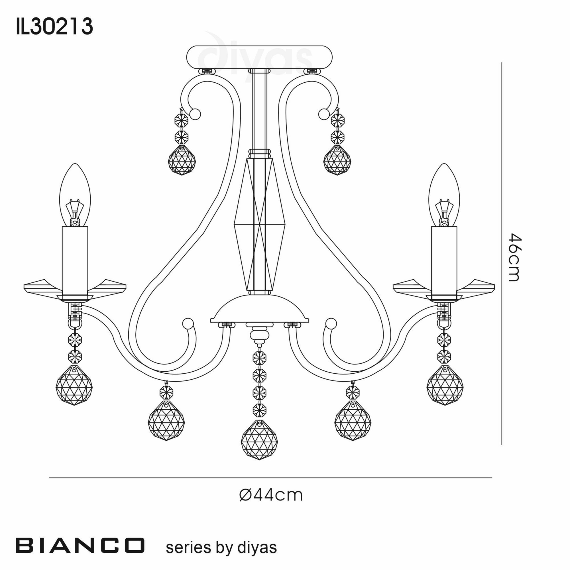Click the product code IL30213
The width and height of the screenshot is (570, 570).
55,27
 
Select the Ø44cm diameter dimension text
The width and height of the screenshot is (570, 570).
271,495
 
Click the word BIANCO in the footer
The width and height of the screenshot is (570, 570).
80,545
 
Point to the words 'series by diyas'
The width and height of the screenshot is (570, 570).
221,547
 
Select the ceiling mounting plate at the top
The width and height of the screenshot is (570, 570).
260,57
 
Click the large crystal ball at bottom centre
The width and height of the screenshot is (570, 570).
259,439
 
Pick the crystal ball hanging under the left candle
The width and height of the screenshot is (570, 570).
74,385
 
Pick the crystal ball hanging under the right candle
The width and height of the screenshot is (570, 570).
445,385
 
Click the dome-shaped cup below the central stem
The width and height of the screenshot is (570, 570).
260,308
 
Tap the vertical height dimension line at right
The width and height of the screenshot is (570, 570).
502,257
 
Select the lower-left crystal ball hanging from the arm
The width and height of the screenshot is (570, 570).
166,420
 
